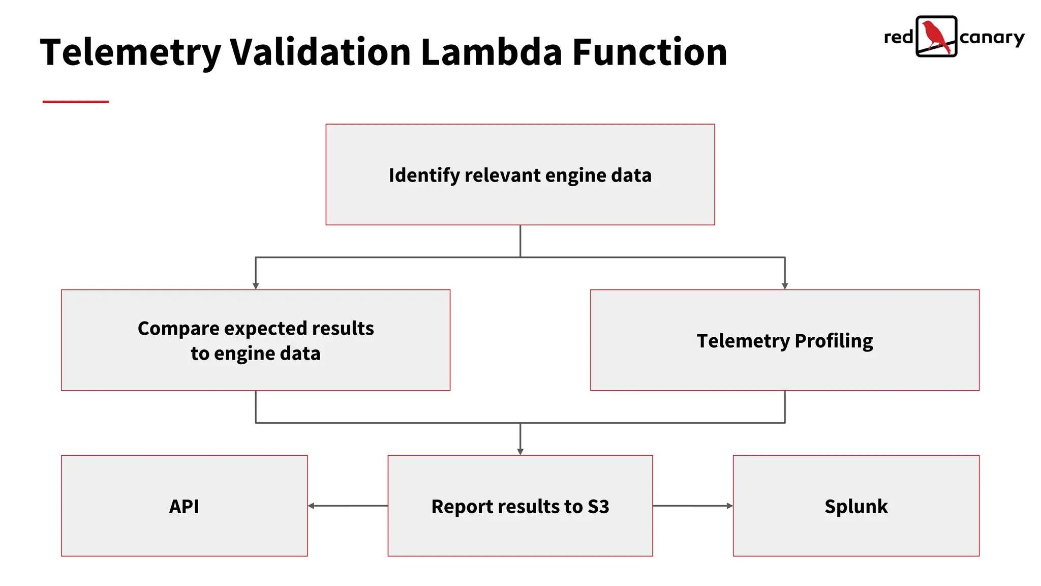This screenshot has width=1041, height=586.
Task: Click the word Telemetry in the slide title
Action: (131, 53)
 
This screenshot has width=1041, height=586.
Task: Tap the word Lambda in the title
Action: (491, 52)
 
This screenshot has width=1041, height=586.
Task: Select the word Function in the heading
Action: (650, 52)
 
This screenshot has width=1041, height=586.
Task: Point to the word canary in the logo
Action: (992, 38)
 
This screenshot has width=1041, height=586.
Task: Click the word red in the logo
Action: (899, 37)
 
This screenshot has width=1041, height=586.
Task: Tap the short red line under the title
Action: (75, 102)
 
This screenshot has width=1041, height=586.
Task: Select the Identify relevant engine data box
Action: (520, 174)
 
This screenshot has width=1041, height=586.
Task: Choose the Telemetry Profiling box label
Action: (784, 341)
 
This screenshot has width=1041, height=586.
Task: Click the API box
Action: (184, 506)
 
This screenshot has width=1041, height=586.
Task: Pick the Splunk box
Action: (856, 506)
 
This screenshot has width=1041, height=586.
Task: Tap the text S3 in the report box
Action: (598, 507)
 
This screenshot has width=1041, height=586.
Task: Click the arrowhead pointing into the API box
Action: (311, 506)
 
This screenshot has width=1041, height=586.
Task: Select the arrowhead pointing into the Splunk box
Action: (729, 506)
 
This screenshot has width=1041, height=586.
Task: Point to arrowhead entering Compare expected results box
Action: (256, 286)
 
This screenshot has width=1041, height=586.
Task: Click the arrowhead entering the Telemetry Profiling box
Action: (785, 286)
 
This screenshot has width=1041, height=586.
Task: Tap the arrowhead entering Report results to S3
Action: (520, 452)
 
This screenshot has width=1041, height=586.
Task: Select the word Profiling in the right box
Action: (834, 341)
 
